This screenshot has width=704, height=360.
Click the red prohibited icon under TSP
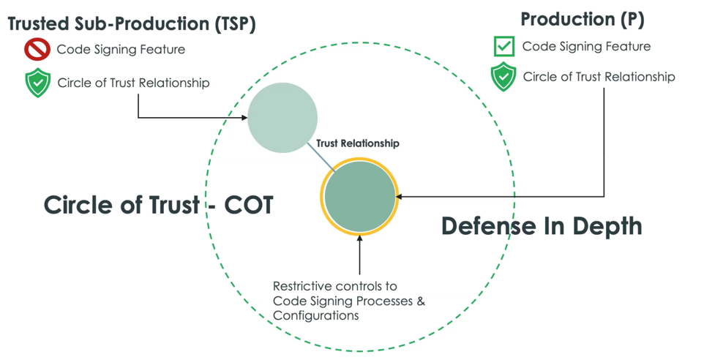coord(37,49)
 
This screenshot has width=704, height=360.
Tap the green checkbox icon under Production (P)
coord(504,46)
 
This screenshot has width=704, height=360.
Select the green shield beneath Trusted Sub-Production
coord(38,83)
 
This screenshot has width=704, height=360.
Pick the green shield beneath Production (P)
coord(503,77)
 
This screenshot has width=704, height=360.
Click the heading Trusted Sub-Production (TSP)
coord(132,24)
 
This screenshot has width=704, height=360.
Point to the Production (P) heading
coord(583,20)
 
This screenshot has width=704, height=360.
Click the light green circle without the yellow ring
coord(282,118)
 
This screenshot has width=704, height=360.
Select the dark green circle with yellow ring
coord(359,196)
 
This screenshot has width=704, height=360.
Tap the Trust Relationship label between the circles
coord(357,143)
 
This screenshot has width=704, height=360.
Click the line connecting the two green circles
coord(321,157)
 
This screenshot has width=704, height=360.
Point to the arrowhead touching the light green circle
coord(244,118)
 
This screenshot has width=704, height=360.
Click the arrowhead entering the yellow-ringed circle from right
coord(399,196)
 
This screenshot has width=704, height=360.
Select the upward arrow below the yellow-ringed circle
coord(359,255)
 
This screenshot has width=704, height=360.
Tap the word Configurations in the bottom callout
coord(315,315)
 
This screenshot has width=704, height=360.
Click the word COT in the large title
coord(249,205)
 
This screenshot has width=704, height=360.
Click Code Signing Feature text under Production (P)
coord(586,46)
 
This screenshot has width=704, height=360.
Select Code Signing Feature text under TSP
coord(121,49)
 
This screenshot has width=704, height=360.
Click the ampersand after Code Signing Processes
coord(421,301)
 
